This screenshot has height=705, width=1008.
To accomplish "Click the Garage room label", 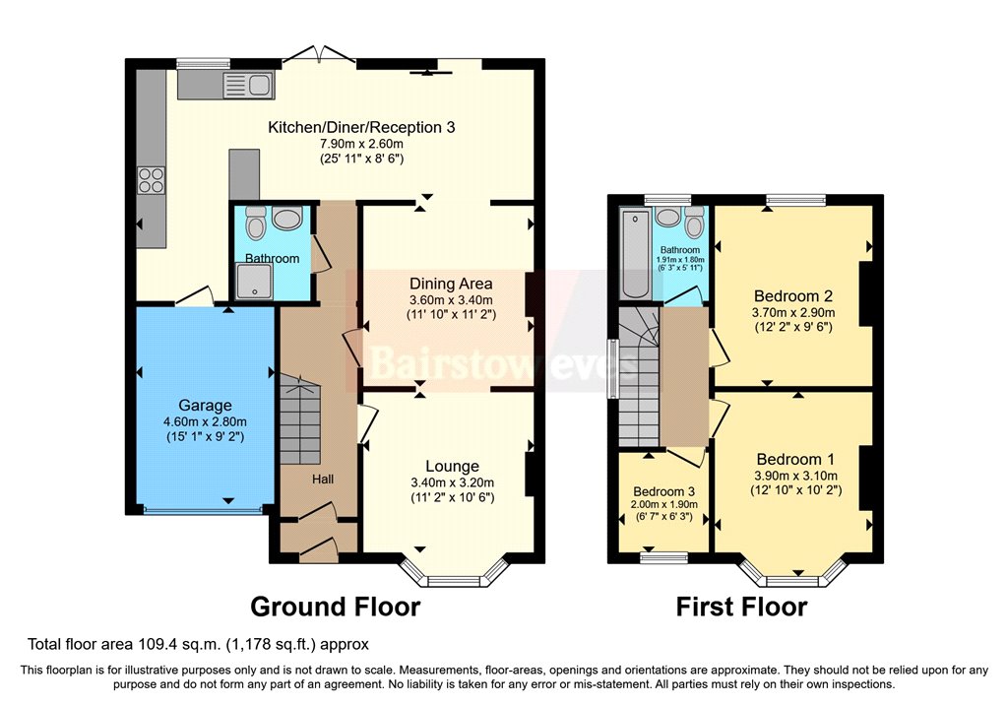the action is click(205, 406).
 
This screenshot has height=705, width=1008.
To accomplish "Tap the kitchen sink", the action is click(247, 85).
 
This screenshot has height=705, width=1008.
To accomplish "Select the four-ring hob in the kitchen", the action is click(151, 179).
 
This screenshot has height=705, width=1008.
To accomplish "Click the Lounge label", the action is click(452, 467).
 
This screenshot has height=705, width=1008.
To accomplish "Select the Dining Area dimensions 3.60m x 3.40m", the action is click(451, 299).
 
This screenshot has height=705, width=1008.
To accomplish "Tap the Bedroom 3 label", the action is click(664, 492).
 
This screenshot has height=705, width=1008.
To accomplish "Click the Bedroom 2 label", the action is click(793, 296).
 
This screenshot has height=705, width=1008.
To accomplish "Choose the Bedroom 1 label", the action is click(795, 459).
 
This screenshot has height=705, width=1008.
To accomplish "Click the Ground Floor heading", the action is click(335, 607).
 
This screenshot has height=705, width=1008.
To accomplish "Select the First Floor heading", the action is click(741, 607).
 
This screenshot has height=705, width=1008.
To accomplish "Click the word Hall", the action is click(323, 480).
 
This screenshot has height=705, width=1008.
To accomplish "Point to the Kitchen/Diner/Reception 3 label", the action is click(361, 127).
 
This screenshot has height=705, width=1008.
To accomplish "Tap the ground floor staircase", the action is click(300, 418).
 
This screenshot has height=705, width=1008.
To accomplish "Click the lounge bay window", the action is click(454, 572).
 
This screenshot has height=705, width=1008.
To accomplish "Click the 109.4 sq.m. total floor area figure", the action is click(179, 644).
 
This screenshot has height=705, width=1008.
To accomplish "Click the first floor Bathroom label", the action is click(679, 249).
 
